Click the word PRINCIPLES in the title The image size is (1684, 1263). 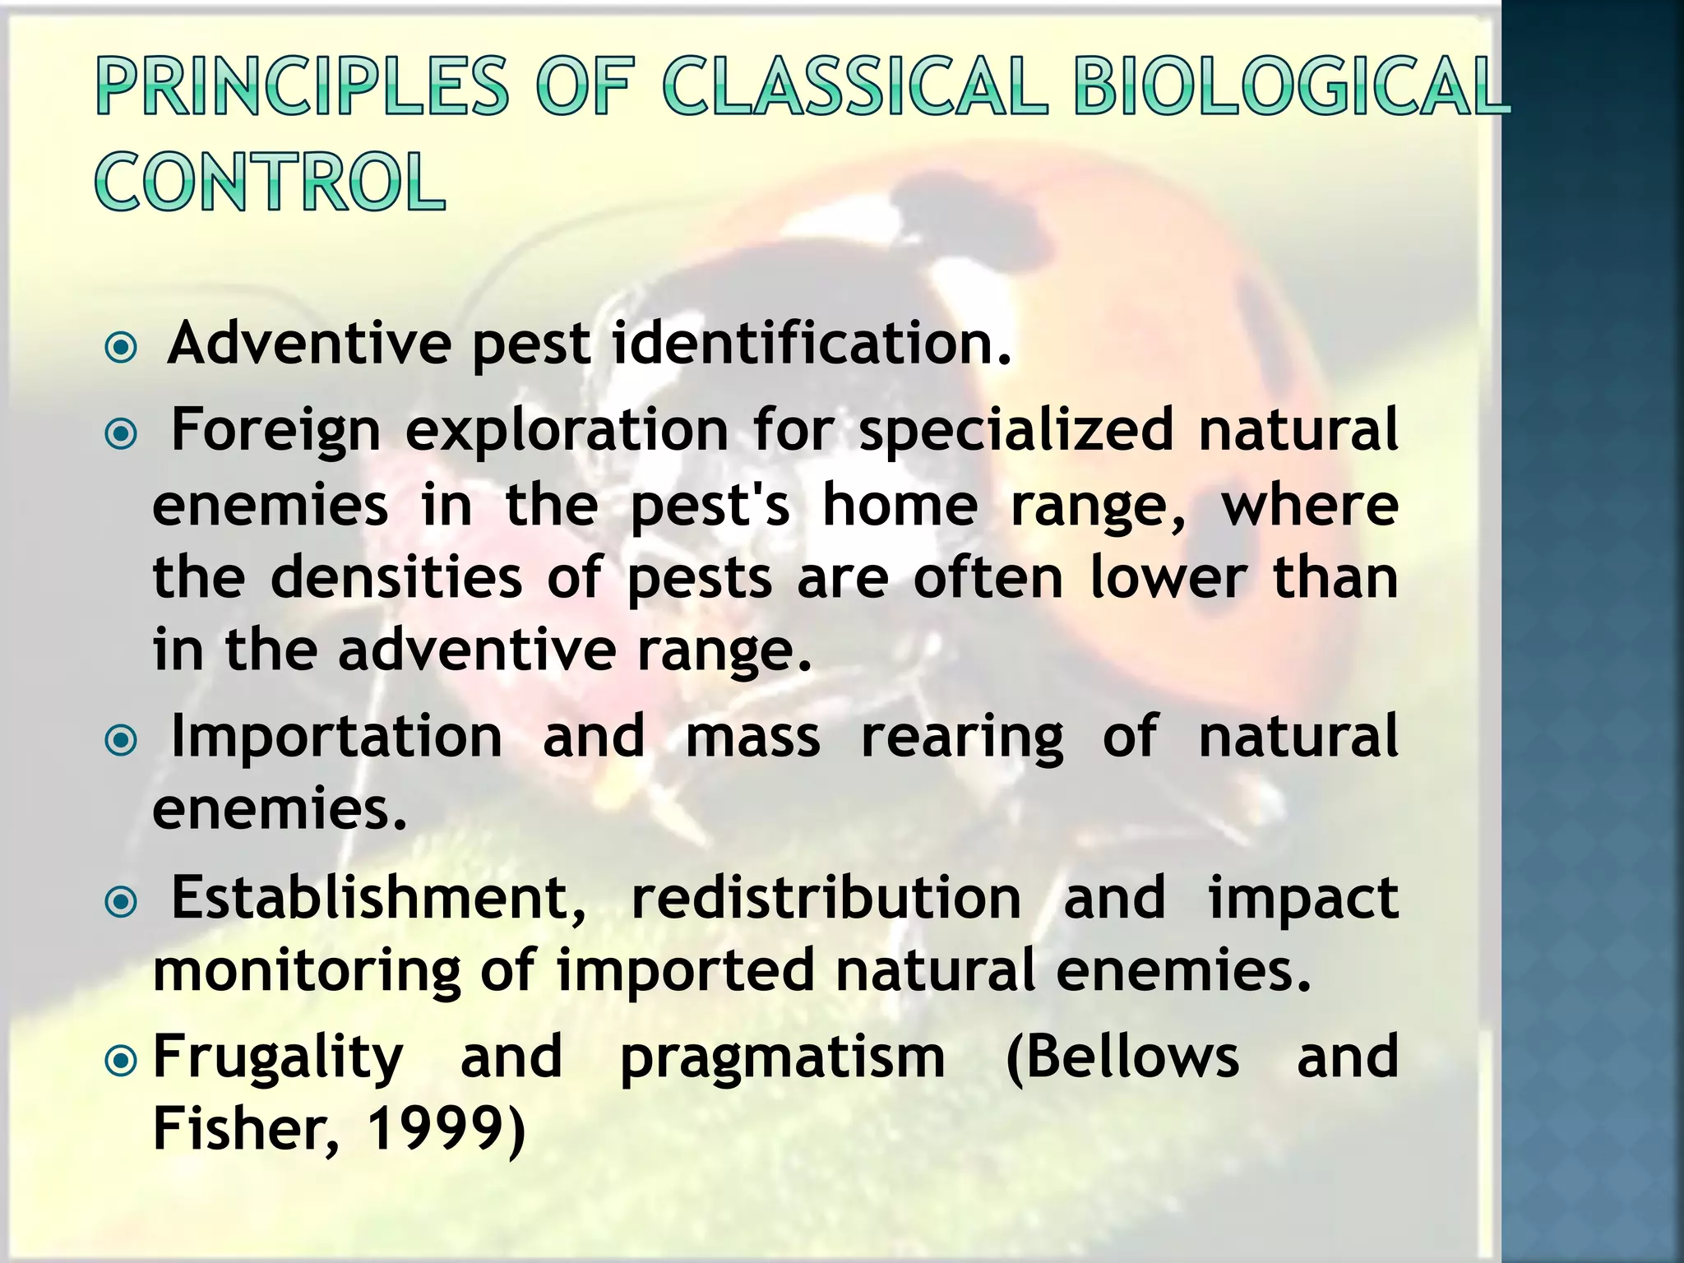point(303,86)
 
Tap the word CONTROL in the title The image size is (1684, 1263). point(271,182)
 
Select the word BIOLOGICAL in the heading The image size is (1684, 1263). point(1291,86)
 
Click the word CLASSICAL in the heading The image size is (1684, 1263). point(855,86)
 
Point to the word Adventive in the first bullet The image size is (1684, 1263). point(309,343)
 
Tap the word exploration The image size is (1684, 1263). point(567,431)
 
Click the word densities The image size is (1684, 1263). point(396,577)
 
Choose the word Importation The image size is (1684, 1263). point(336,737)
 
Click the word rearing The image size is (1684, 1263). point(962,738)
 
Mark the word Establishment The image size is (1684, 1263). point(378,898)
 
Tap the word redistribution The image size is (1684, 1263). point(826,898)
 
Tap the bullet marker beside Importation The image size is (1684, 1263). point(122,741)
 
